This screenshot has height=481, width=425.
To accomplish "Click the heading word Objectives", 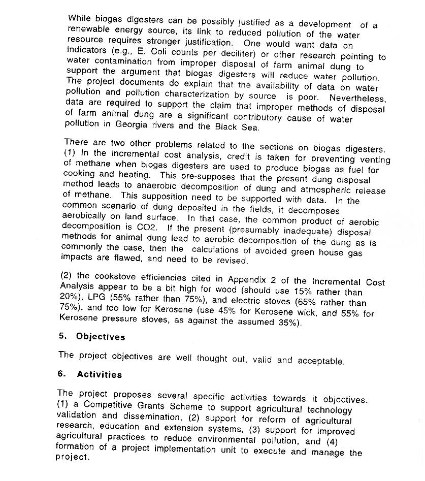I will pos(100,337).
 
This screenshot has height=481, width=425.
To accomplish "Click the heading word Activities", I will pos(99,375).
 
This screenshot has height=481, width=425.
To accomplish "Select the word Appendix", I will pos(247,279).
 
